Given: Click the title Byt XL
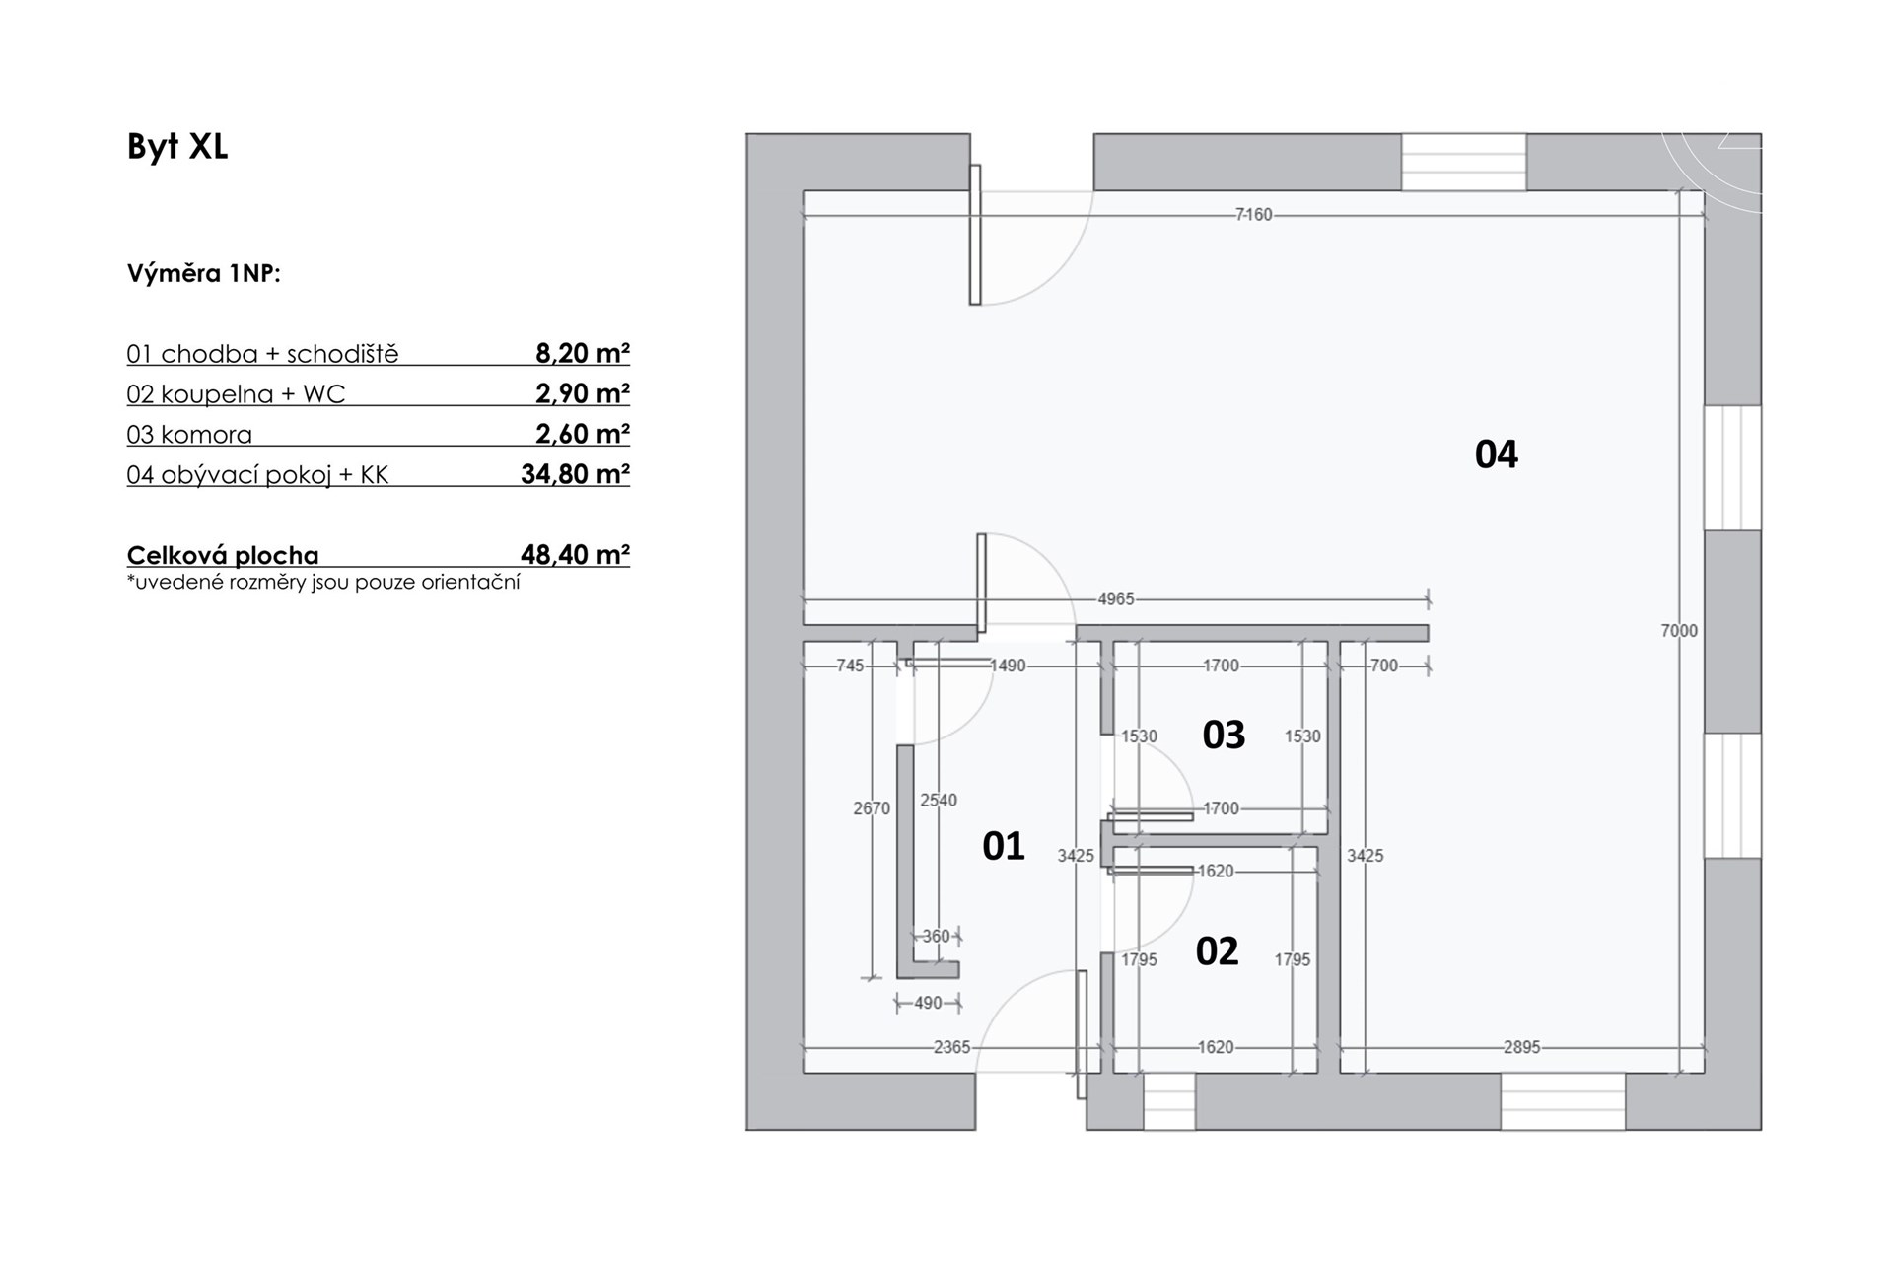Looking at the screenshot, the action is (177, 147).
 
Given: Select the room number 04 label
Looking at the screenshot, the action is (1496, 454).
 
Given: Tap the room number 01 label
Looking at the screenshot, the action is (1004, 846).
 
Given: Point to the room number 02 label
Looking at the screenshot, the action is (1217, 951).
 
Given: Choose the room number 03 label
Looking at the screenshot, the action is (1224, 735).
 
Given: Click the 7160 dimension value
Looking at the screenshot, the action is (1254, 214).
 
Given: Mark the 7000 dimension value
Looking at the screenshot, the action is (1679, 631).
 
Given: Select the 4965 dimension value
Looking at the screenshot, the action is (1116, 598).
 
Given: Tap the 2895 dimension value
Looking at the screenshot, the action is (1521, 1047).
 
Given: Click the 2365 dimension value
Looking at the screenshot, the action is (952, 1047).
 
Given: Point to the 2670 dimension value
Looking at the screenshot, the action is (872, 808).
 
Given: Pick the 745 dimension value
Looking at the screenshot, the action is (850, 666).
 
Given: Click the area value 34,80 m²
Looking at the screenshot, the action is (576, 474).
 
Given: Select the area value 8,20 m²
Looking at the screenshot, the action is (583, 353).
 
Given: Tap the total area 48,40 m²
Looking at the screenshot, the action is (576, 554).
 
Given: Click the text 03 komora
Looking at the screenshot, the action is (189, 435).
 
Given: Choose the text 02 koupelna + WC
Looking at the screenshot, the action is (236, 394).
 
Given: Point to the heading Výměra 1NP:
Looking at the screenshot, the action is (204, 273).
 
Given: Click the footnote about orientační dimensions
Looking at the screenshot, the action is (323, 582).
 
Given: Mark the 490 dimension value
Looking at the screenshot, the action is (928, 1003).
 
